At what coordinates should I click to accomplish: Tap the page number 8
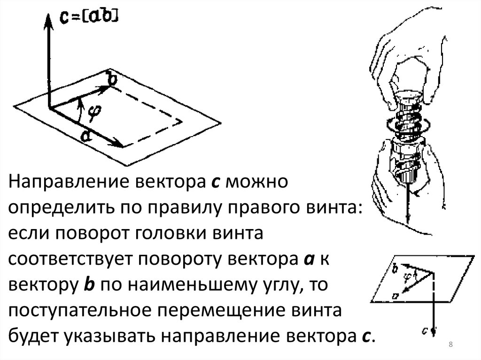(450, 345)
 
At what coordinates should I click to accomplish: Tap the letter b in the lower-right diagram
(396, 268)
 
